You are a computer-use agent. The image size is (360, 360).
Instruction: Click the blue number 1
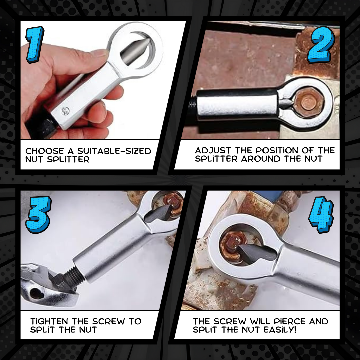pyautogui.click(x=35, y=45)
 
